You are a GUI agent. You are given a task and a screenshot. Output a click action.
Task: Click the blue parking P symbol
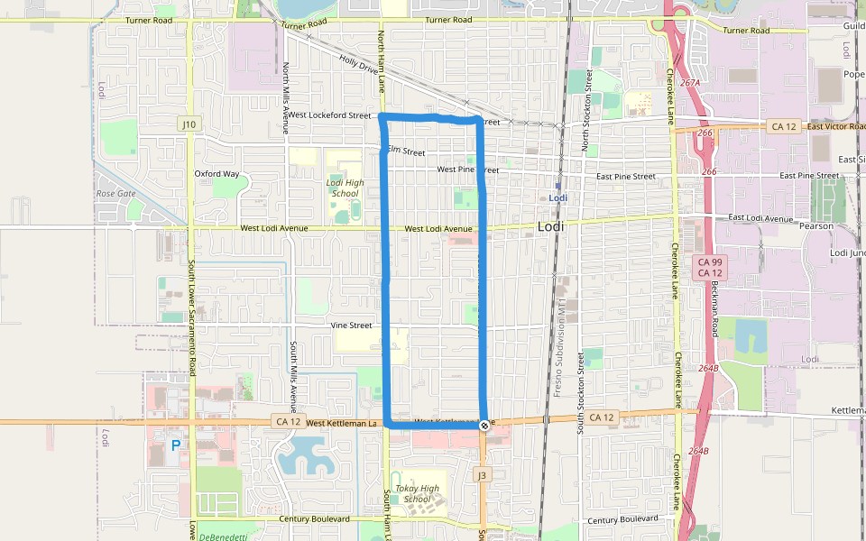click(x=176, y=445)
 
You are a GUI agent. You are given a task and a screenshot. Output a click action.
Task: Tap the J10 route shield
click(x=189, y=123)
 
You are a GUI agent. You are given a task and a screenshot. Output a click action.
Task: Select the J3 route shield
click(x=483, y=474)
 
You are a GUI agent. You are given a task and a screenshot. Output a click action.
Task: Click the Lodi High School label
click(x=345, y=188)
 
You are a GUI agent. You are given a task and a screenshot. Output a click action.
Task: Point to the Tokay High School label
click(x=418, y=494)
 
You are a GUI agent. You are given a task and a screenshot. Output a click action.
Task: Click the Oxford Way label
click(x=217, y=174)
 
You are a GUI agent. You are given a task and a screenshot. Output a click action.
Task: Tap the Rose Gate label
click(x=115, y=193)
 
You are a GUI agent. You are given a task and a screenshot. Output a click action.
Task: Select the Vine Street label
click(x=351, y=326)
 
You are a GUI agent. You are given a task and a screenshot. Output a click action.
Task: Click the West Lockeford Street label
click(x=330, y=115)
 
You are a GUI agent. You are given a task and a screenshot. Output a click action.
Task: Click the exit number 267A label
click(x=690, y=82)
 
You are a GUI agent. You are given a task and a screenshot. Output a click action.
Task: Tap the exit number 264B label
click(x=708, y=368)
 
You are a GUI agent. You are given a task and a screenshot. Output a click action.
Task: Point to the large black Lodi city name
click(x=550, y=227)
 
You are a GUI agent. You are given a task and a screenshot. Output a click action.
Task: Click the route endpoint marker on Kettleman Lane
click(x=484, y=425)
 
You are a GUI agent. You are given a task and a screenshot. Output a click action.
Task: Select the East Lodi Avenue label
click(x=760, y=217)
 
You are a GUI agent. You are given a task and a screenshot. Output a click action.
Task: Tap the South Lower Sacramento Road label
click(x=192, y=307)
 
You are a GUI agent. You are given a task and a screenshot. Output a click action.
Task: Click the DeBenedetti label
click(x=223, y=536)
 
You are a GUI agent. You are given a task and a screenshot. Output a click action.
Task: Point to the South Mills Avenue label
click(x=293, y=379)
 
